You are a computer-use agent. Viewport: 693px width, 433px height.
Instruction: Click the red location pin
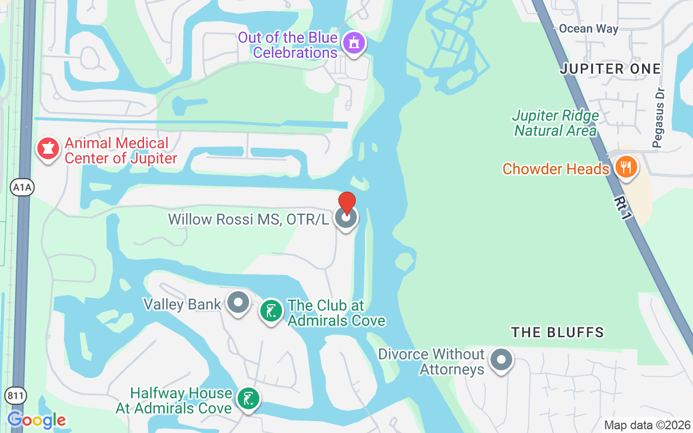pos(347,203)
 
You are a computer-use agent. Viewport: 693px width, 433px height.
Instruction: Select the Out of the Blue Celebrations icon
pos(355,43)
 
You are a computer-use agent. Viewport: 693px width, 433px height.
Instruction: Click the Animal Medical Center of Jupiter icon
pos(48,148)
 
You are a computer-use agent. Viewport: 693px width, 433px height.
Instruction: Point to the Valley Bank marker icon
pos(238,303)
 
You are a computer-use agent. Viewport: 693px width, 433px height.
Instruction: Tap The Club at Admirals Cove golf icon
pos(271,311)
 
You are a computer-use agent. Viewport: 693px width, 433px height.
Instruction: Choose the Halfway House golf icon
pos(248,399)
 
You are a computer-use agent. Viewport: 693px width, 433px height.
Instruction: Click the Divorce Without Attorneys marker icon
pos(501,359)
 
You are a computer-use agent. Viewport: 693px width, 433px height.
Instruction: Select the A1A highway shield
pos(22,187)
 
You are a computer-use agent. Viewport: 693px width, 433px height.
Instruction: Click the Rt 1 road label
pos(623,207)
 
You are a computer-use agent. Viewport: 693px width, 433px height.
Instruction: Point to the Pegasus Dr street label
pos(658,125)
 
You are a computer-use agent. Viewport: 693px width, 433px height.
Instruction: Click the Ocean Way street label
pos(589,29)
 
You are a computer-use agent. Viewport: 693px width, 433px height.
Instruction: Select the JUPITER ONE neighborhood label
pos(610,69)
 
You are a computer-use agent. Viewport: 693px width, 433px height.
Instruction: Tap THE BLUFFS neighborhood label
pos(557,332)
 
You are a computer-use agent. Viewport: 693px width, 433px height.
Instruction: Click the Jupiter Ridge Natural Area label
pos(555,123)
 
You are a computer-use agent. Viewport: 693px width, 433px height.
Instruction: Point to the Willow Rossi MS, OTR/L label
pos(249,219)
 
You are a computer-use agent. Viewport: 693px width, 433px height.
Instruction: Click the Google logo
pos(36,420)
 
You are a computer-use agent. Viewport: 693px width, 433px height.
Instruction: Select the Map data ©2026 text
pos(647,425)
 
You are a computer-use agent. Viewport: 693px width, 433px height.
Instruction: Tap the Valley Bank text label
pos(182,304)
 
